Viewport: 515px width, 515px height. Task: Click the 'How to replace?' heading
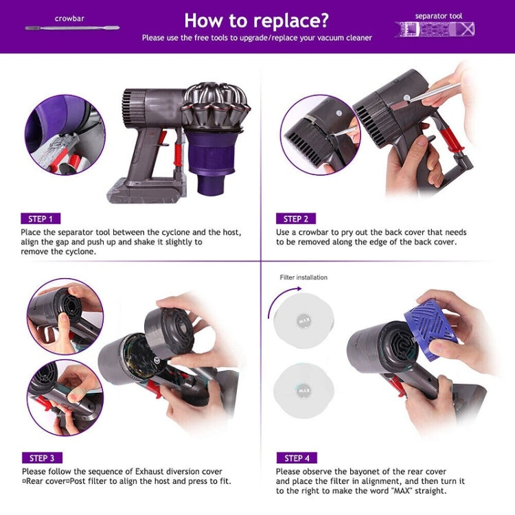click(257, 19)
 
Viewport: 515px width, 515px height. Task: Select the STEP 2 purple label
click(295, 219)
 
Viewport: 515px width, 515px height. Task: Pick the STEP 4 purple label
click(297, 458)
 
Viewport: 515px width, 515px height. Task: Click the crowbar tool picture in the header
click(72, 28)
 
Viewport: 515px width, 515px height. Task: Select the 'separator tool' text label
click(439, 15)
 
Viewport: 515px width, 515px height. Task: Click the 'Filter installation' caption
click(304, 277)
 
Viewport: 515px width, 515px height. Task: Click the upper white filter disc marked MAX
click(304, 320)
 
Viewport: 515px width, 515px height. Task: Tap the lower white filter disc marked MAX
click(304, 391)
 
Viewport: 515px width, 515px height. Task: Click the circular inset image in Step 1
click(65, 135)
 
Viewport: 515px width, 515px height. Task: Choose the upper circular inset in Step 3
click(65, 317)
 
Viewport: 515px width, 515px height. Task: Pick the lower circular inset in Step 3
click(65, 398)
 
